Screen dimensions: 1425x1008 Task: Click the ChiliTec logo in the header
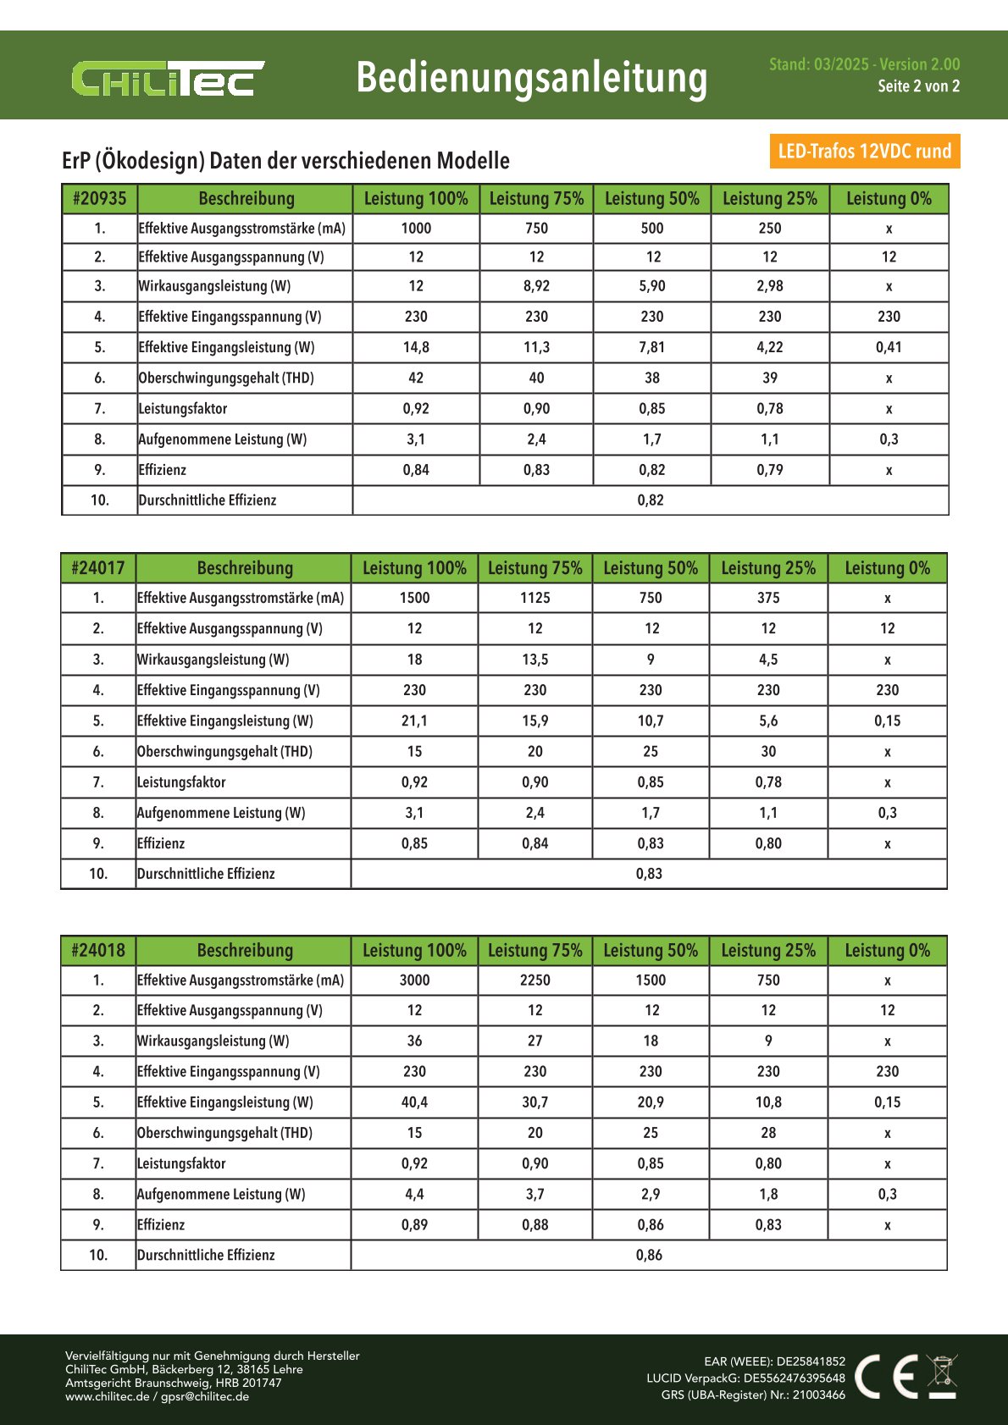[x=168, y=79]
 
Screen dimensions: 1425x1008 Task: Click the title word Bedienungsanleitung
[x=531, y=77]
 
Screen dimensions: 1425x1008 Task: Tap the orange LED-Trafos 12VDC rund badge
[x=864, y=151]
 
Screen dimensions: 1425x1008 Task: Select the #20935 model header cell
[x=99, y=199]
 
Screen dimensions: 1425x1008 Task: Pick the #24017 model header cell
[x=98, y=568]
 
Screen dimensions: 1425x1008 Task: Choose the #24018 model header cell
[x=98, y=950]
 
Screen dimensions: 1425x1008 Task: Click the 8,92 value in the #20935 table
[x=536, y=286]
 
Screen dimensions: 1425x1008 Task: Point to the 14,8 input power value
[x=416, y=347]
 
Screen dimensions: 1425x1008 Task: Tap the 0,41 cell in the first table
[x=889, y=347]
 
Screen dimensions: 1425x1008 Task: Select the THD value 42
[x=416, y=378]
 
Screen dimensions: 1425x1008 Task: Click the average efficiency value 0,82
[x=651, y=500]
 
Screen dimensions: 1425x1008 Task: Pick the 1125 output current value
[x=535, y=598]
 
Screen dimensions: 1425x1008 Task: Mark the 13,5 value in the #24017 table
[x=535, y=660]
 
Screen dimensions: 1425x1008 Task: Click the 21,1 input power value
[x=414, y=721]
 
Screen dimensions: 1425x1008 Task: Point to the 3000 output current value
[x=414, y=980]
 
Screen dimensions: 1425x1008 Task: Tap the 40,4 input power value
[x=414, y=1102]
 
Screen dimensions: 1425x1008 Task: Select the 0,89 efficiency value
[x=414, y=1224]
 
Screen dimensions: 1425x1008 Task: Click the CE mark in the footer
[x=886, y=1376]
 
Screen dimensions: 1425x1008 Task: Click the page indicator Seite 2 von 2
[x=918, y=86]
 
